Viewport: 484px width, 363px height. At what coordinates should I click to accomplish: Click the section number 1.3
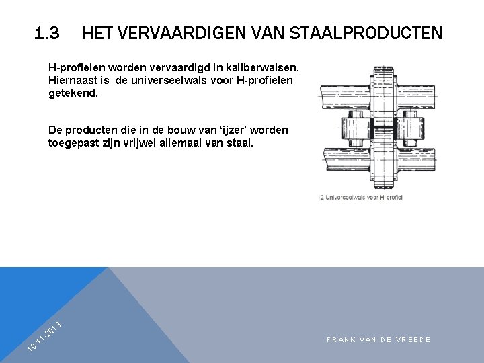[47, 32]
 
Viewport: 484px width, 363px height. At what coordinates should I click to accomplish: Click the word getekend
[73, 93]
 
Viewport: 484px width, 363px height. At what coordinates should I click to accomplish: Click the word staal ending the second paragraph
[241, 143]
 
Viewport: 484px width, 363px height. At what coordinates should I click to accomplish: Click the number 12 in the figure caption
[321, 197]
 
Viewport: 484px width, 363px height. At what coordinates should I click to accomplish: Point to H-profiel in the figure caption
[390, 197]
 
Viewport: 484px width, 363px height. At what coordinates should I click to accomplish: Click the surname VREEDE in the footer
[414, 340]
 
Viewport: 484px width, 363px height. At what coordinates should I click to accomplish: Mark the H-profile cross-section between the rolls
[385, 128]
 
